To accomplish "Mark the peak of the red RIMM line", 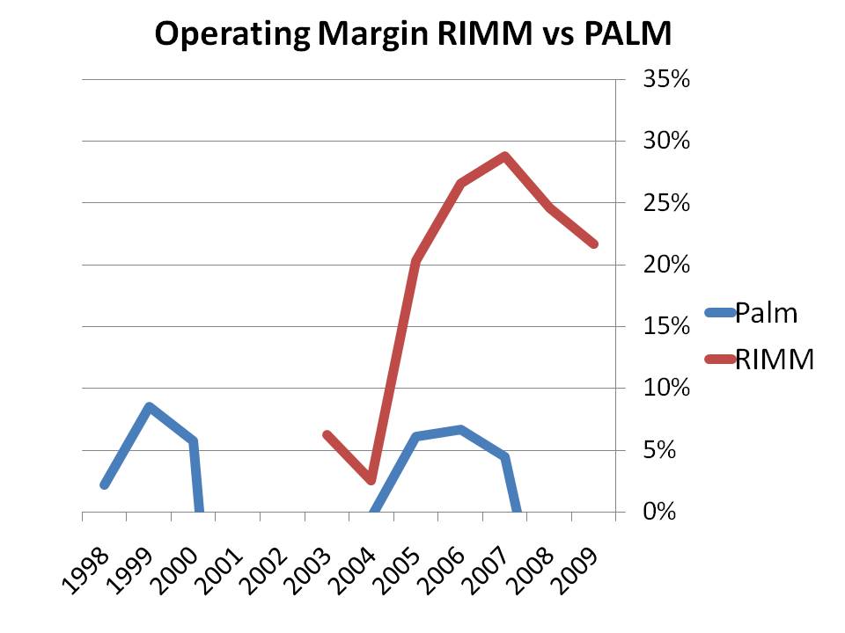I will pyautogui.click(x=505, y=156).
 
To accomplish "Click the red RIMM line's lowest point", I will pyautogui.click(x=371, y=480).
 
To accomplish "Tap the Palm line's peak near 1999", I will pyautogui.click(x=150, y=407).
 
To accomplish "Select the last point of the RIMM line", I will pyautogui.click(x=594, y=244).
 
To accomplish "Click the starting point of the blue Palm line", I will pyautogui.click(x=105, y=484).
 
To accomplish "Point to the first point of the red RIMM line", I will pyautogui.click(x=327, y=434).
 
